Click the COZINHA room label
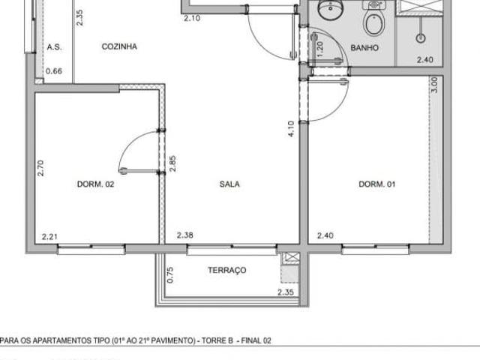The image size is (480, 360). pyautogui.click(x=119, y=46)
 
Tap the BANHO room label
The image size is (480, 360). pyautogui.click(x=364, y=47)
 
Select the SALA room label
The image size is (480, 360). pyautogui.click(x=229, y=184)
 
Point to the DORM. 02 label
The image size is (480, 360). pyautogui.click(x=95, y=184)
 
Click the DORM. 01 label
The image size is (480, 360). pyautogui.click(x=376, y=184)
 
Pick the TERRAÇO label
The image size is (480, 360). pyautogui.click(x=226, y=271)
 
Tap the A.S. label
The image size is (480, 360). pyautogui.click(x=54, y=46)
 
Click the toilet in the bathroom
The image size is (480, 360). pyautogui.click(x=373, y=22)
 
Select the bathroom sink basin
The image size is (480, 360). pyautogui.click(x=328, y=10)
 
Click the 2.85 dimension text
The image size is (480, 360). pyautogui.click(x=172, y=163)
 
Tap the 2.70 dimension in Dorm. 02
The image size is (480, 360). pyautogui.click(x=42, y=167)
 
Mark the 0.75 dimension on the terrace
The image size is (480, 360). pyautogui.click(x=170, y=275)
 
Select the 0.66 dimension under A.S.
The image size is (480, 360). pyautogui.click(x=54, y=71)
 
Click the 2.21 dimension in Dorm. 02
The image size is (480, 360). pyautogui.click(x=49, y=237)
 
